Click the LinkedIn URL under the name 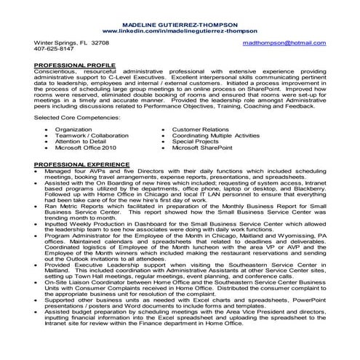180,32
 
